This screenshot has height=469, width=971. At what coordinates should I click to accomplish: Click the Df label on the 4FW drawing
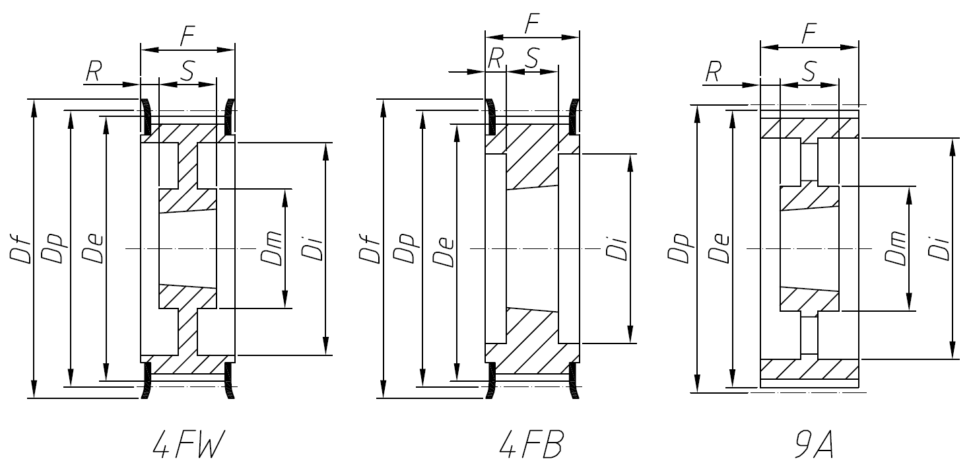[19, 250]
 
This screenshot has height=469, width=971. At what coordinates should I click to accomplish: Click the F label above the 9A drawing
[809, 35]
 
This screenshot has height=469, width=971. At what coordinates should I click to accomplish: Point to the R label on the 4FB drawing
[496, 59]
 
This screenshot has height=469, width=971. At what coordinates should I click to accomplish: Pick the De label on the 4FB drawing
[444, 250]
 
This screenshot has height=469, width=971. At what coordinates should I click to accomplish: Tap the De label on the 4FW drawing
[93, 250]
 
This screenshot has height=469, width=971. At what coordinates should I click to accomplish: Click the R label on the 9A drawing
[712, 73]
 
